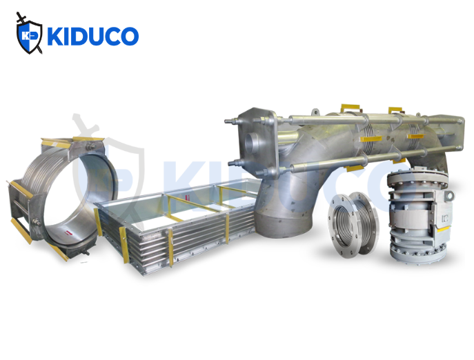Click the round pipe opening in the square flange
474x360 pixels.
pos(251,144)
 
